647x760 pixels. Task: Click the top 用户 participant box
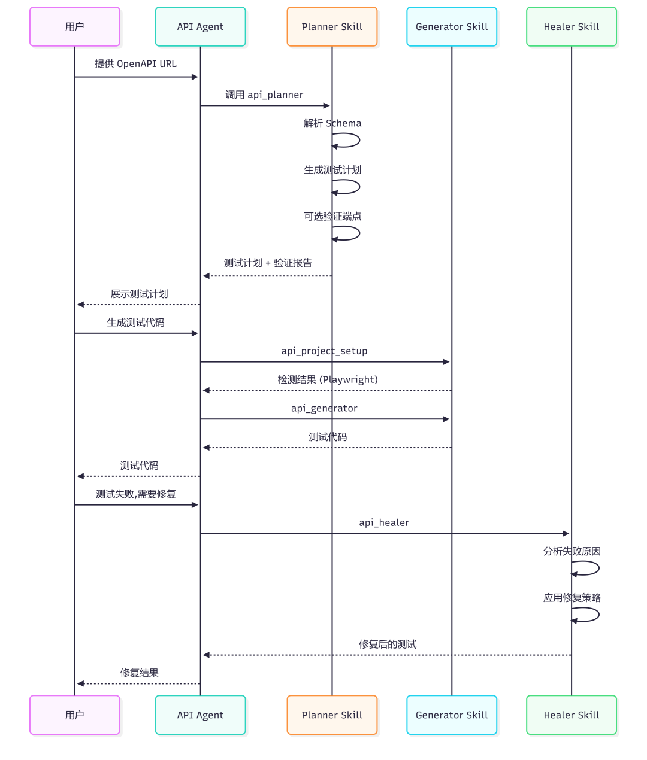tap(75, 27)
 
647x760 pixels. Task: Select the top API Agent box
tap(200, 27)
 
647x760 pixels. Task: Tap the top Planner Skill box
tap(332, 27)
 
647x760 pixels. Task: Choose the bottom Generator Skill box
tap(452, 715)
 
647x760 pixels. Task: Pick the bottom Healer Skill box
tap(571, 715)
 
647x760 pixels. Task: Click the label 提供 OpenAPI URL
tap(135, 64)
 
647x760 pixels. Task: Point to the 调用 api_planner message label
tap(264, 95)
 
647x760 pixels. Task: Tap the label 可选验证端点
tap(332, 217)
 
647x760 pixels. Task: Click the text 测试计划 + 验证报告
tap(268, 263)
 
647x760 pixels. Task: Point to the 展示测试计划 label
tap(139, 294)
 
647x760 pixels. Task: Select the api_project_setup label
tap(324, 351)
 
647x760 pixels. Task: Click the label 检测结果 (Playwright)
tap(328, 380)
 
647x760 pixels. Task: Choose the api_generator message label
tap(324, 408)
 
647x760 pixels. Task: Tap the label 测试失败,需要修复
tap(136, 494)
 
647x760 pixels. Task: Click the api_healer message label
tap(384, 523)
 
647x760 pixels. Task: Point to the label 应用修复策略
tap(572, 598)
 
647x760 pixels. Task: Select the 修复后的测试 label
tap(388, 645)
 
